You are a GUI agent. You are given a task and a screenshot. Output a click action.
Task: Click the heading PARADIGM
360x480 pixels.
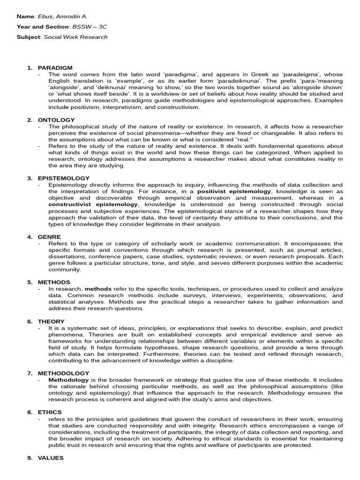[x=55, y=68]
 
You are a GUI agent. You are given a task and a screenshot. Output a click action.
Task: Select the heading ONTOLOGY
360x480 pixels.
[x=56, y=120]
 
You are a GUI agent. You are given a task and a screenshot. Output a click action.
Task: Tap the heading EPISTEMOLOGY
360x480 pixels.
[x=63, y=178]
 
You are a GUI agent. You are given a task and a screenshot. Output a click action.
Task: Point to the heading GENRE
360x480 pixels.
[x=49, y=237]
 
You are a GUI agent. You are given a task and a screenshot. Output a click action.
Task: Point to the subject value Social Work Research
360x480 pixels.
[x=75, y=37]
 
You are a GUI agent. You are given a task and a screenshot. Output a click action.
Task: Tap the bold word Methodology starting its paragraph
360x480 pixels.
[x=68, y=379]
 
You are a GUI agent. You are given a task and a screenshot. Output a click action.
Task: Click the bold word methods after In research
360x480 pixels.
[x=98, y=289]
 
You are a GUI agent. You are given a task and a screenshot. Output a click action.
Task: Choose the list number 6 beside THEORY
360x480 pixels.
[x=29, y=321]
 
